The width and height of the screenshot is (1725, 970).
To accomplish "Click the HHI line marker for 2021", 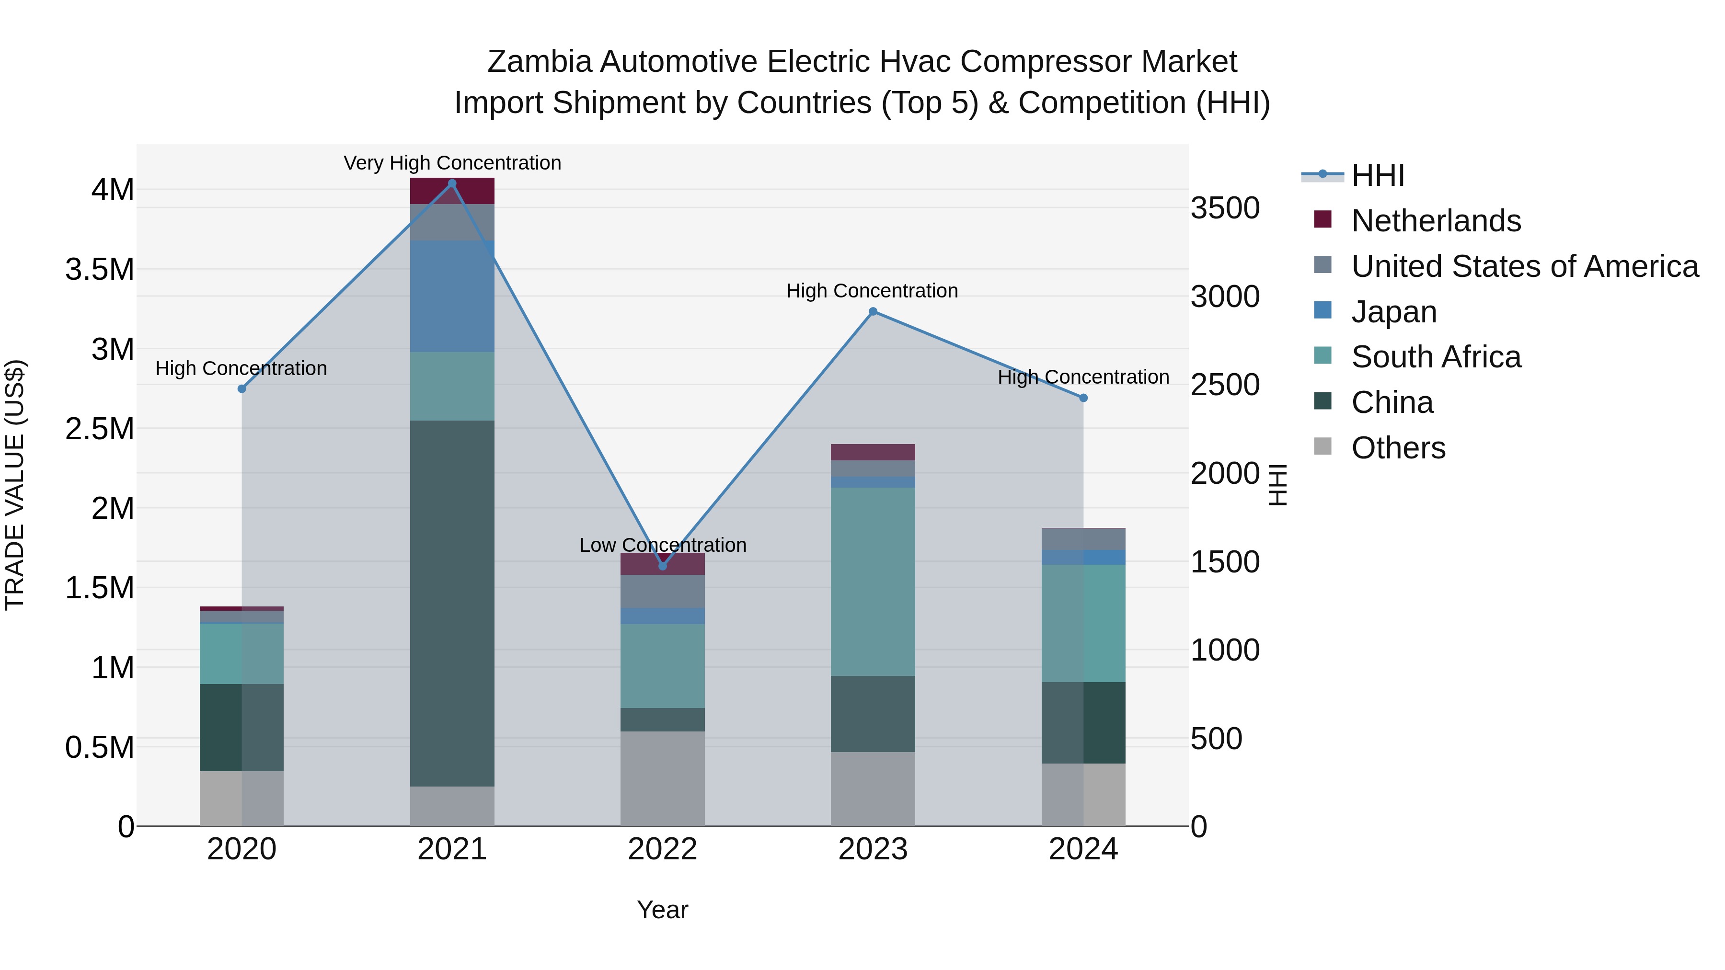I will (452, 183).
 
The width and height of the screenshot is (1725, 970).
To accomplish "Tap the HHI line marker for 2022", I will (663, 566).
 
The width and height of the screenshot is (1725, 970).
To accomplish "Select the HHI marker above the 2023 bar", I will (873, 311).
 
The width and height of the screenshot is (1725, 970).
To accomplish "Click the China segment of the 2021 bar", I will (452, 603).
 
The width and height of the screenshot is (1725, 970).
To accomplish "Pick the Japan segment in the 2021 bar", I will (452, 296).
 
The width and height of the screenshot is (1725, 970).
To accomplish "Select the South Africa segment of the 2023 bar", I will (873, 581).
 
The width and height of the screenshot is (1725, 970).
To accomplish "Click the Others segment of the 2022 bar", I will (663, 778).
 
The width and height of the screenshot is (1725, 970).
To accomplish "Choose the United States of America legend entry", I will (1524, 266).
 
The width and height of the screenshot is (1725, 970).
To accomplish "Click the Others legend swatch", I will (1322, 446).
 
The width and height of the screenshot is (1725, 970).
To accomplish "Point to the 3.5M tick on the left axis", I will (100, 270).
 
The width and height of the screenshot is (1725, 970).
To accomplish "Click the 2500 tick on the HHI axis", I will (1225, 385).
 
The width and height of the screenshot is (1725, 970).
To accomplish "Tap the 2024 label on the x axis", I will (1083, 849).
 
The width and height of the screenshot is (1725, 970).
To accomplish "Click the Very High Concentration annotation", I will (452, 163).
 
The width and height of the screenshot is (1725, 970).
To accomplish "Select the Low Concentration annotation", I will (663, 545).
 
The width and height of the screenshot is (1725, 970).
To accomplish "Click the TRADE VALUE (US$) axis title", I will (15, 485).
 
